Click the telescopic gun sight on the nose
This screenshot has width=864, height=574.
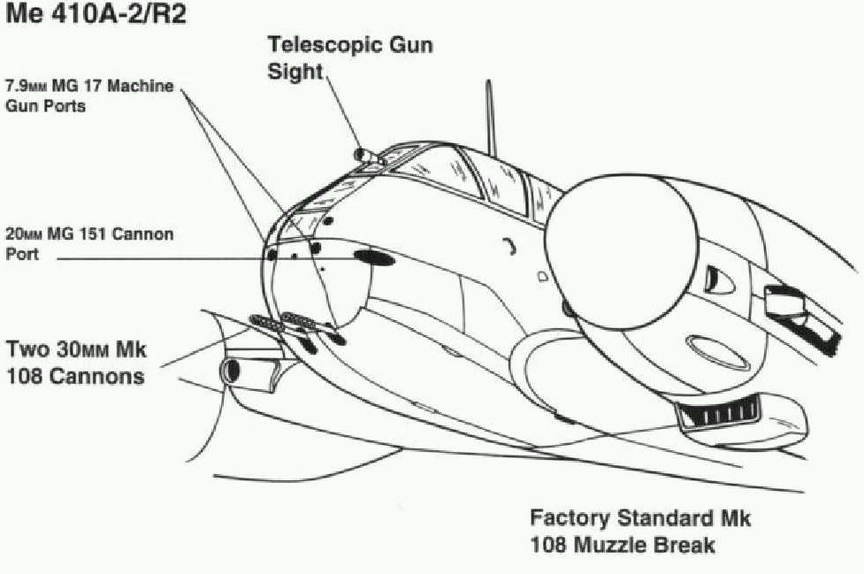[365, 156]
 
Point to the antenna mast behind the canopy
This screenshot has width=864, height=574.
[487, 119]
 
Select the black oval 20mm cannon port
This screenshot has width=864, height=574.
[375, 257]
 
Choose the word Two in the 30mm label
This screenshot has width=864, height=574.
[27, 348]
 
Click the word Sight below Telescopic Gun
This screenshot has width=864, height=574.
[295, 72]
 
